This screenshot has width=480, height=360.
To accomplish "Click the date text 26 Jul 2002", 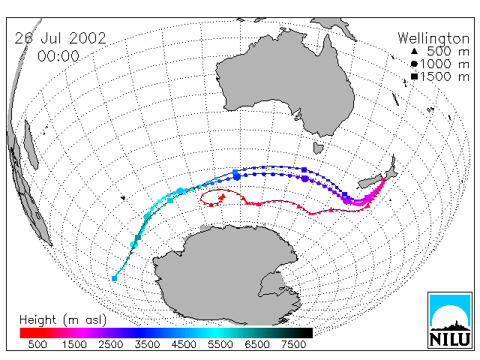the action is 60,38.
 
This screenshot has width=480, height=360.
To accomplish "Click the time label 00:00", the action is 58,56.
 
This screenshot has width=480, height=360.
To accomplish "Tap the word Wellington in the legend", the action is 433,38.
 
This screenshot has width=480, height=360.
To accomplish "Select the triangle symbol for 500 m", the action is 414,52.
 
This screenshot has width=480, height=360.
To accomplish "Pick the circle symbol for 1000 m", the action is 414,64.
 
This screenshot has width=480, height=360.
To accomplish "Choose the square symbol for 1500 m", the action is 414,76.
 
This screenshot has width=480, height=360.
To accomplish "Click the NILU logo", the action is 450,320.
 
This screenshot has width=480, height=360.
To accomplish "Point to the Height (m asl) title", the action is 63,320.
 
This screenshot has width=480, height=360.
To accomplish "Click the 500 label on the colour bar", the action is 37,344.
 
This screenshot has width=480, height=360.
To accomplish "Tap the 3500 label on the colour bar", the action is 147,344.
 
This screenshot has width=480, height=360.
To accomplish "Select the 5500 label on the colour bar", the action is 220,344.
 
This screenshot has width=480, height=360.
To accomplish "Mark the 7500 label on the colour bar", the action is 293,344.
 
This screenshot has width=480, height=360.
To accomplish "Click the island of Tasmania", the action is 318,148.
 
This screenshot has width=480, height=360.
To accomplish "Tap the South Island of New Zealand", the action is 370,183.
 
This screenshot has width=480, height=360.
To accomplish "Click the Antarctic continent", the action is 226,272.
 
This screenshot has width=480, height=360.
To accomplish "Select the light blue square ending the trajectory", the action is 115,278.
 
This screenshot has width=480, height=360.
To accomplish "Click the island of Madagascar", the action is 31,144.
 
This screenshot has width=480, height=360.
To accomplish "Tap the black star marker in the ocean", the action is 123,198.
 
